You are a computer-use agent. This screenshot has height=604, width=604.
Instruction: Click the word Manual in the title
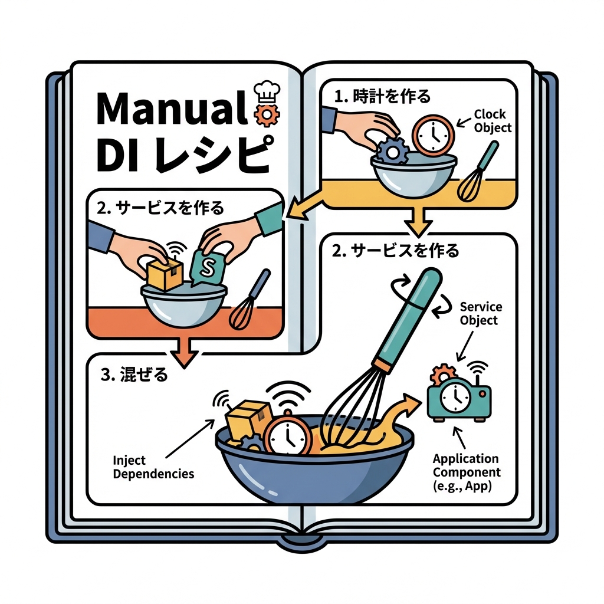168,109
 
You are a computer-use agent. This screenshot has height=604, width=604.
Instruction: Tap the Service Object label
481,314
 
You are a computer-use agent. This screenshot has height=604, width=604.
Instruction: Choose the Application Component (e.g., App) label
466,472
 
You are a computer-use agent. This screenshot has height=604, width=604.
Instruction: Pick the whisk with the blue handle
251,301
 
